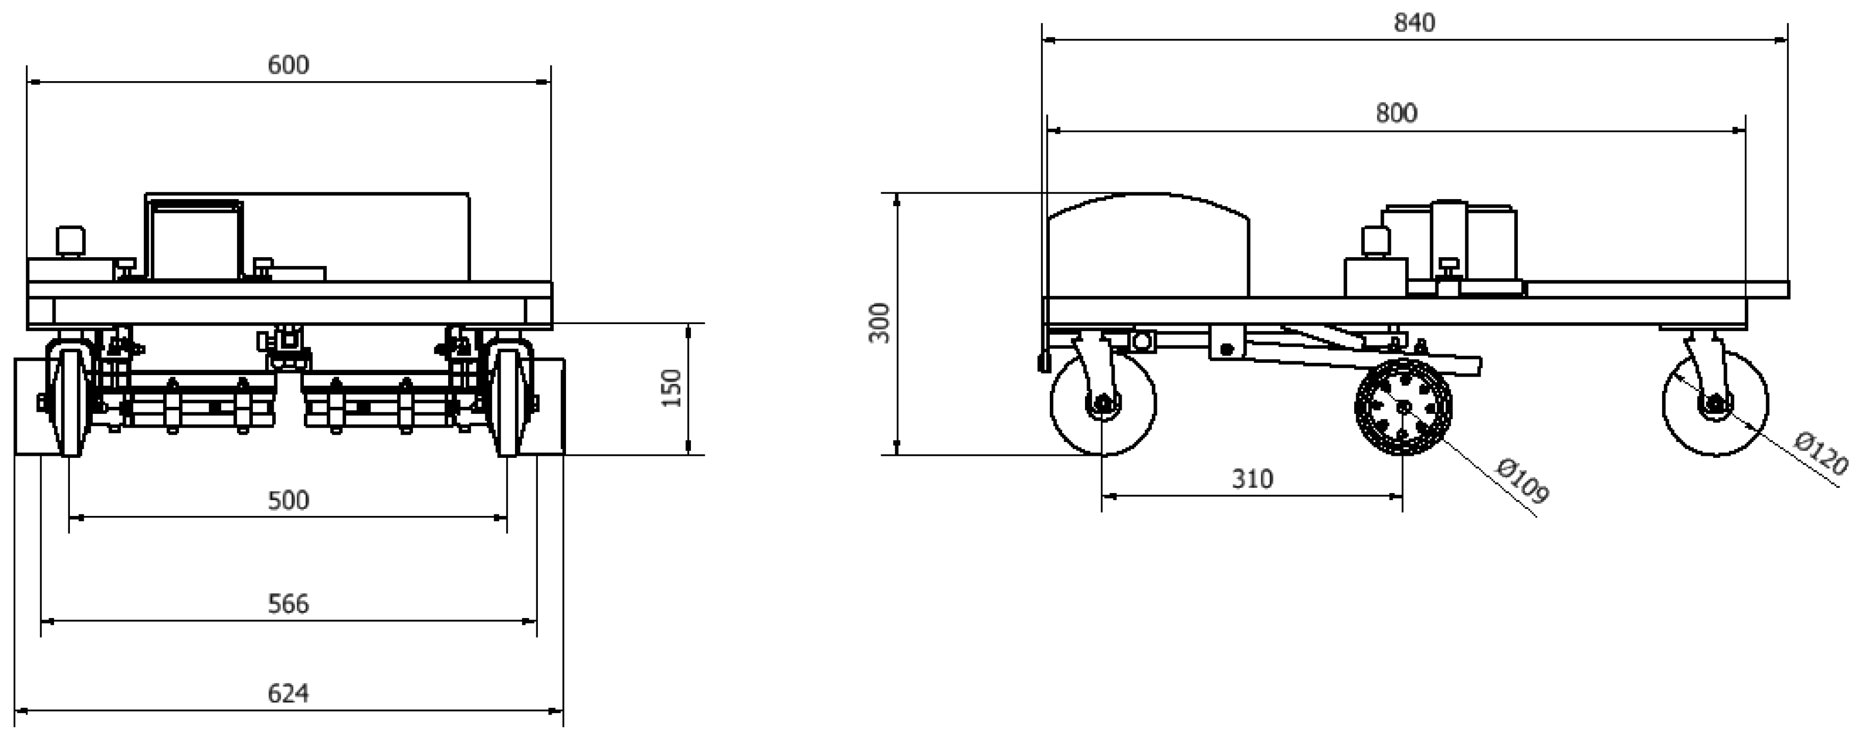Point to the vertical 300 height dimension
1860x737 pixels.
tap(880, 323)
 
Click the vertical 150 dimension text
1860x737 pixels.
tap(671, 388)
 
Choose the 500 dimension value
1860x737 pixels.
tap(288, 501)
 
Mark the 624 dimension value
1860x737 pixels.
tap(288, 694)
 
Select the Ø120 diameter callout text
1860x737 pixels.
tap(1820, 454)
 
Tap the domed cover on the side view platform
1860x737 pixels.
tap(1148, 245)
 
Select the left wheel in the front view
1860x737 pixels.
tap(69, 402)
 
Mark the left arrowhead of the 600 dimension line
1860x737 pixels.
tap(33, 82)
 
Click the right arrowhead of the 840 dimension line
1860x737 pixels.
tap(1781, 40)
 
